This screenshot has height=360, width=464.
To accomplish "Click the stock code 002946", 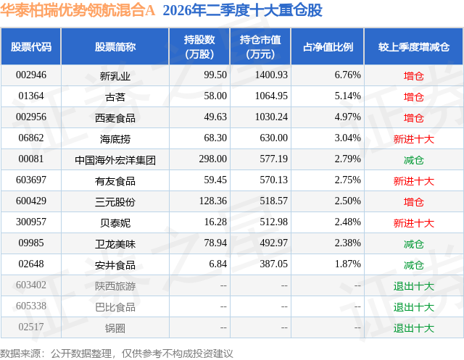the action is (31, 75).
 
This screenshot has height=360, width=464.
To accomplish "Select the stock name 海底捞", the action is (115, 138).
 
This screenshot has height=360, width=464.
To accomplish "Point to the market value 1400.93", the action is (271, 75).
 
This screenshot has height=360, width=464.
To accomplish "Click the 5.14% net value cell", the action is (348, 96).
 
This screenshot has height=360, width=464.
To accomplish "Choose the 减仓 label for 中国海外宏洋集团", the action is (414, 160).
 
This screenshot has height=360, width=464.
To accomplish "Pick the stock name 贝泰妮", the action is (115, 222).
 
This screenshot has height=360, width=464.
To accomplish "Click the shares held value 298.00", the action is (212, 159).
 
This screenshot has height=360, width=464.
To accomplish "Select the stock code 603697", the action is (31, 180).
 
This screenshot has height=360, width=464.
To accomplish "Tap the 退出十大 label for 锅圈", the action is (414, 328).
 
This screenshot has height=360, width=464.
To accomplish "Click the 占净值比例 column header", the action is (328, 46).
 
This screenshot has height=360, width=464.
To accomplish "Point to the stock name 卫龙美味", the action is (115, 244).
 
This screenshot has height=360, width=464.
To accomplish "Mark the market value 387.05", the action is (274, 264).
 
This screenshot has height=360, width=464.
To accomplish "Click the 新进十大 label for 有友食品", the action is (414, 181).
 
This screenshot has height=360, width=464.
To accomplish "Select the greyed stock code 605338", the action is (31, 306).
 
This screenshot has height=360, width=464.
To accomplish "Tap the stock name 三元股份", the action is (115, 202).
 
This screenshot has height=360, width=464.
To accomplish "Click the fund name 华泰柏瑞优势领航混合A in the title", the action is (78, 10).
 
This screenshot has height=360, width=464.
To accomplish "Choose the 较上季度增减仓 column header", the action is (414, 46).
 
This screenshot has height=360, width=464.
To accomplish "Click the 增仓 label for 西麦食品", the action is (414, 118).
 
